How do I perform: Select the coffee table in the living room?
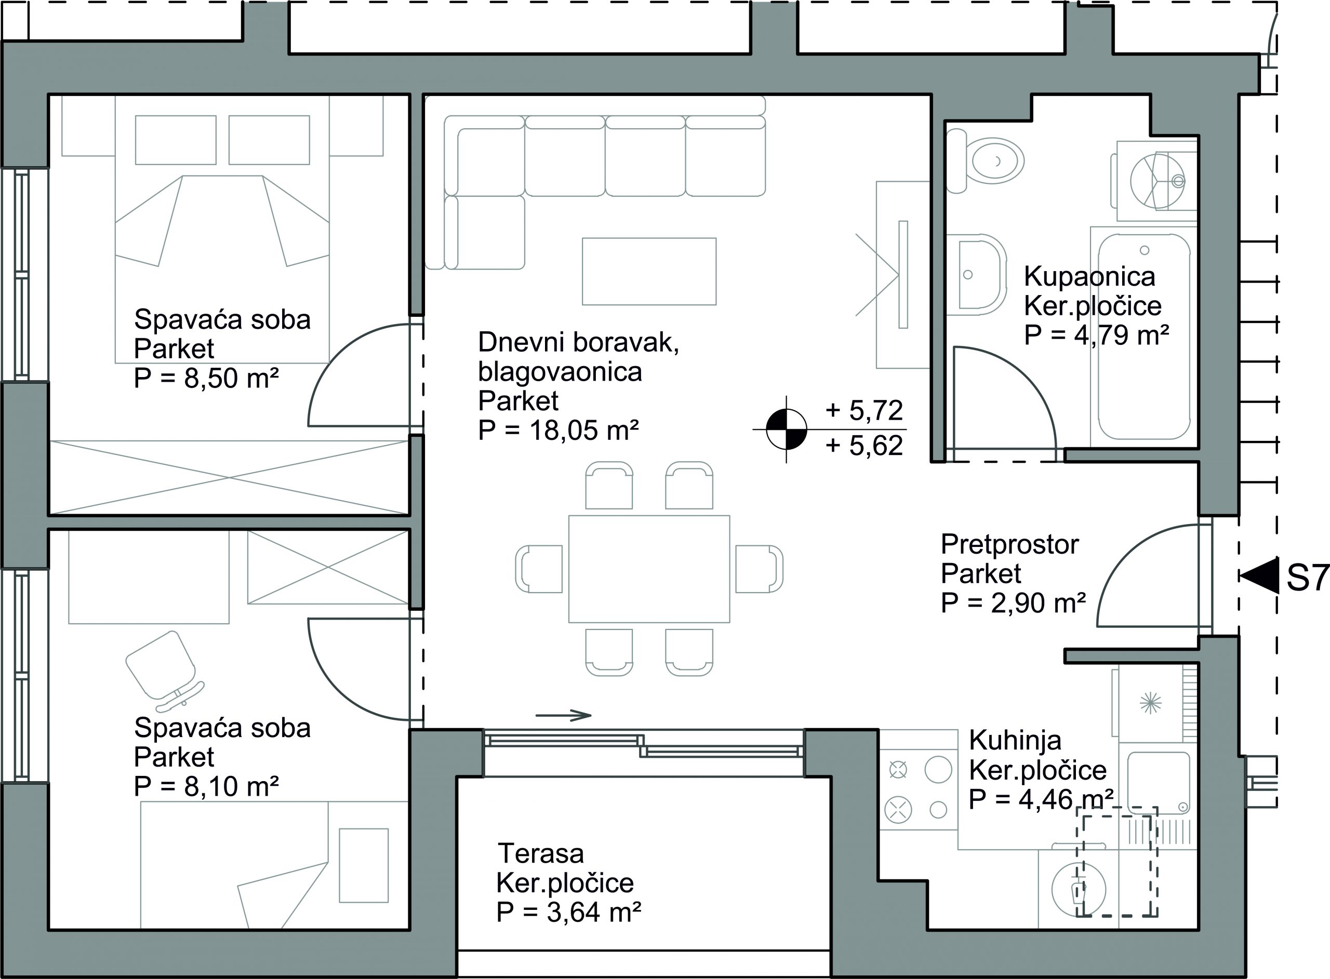[x=649, y=272]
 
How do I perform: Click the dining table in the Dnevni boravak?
[x=649, y=569]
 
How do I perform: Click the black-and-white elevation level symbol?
[x=787, y=428]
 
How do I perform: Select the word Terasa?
[x=540, y=853]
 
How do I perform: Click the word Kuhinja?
[x=1015, y=740]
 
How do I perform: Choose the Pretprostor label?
[x=1010, y=544]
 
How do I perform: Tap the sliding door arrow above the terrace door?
[x=563, y=715]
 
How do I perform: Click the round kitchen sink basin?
[x=1079, y=889]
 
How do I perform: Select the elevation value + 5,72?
[x=864, y=410]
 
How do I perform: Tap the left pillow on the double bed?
[x=176, y=140]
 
